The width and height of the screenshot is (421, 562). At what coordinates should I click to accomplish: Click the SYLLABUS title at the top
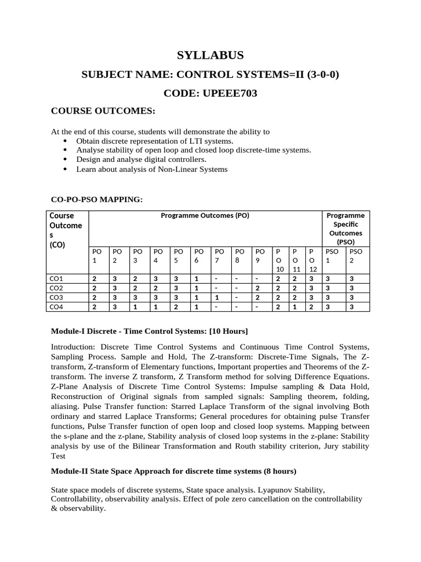(x=210, y=55)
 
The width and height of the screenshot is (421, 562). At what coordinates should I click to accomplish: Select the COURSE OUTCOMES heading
(x=104, y=111)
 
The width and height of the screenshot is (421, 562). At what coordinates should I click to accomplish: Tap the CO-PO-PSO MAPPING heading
(x=96, y=200)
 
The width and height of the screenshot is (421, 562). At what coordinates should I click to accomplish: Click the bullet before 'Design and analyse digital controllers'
(x=66, y=159)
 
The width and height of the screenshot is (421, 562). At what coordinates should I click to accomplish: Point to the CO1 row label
(x=56, y=279)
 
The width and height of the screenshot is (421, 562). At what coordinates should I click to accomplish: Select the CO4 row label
(x=56, y=307)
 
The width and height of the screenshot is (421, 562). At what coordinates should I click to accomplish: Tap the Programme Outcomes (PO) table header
(x=205, y=216)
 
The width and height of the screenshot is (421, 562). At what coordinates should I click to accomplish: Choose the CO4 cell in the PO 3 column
(x=135, y=307)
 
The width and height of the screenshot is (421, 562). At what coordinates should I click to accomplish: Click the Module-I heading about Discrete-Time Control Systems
(x=149, y=331)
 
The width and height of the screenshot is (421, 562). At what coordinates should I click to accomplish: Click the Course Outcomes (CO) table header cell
(x=66, y=230)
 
